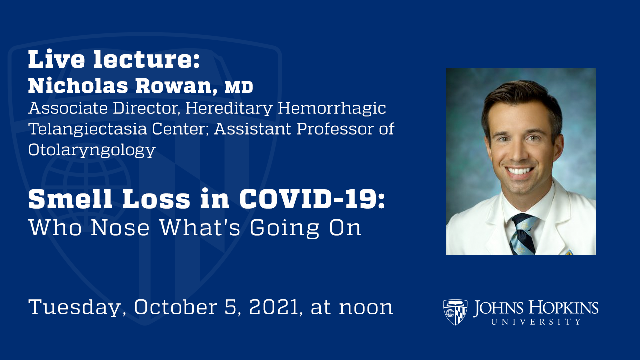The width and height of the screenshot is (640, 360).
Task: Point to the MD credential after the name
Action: click(x=239, y=88)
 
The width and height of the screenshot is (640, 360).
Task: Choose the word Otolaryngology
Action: click(x=92, y=150)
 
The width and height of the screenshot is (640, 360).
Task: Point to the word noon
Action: click(x=366, y=307)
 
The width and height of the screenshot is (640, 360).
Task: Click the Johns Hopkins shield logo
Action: click(x=455, y=312)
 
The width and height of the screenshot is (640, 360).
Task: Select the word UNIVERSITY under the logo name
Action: click(x=536, y=322)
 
